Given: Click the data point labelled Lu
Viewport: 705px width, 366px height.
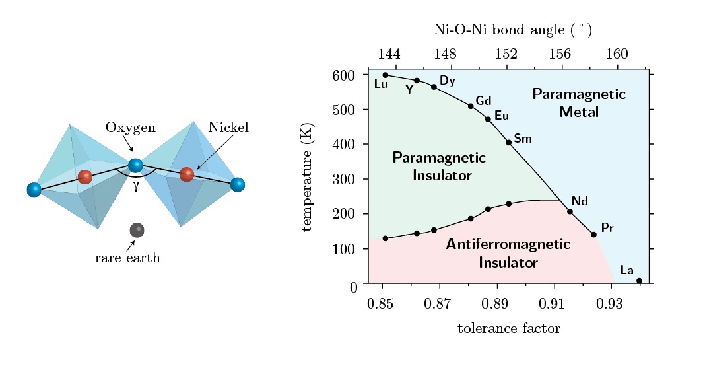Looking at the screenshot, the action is coord(386,75).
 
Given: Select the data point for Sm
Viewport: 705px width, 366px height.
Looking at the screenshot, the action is coord(508,142).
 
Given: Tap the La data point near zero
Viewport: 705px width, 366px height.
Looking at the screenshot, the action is coord(639,281).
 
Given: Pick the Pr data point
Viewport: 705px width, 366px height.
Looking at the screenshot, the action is coord(593,235).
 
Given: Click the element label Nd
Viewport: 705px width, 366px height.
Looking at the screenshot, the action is coord(580,201).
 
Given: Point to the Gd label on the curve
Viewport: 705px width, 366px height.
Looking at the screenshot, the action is coord(483,101).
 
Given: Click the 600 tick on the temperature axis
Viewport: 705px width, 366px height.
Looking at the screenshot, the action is coord(344,75).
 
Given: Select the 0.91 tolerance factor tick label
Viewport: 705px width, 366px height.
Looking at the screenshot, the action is coord(551,303).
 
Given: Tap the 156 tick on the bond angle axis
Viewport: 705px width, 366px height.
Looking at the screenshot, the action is coord(560,54).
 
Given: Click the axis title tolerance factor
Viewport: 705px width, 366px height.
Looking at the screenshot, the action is coord(509,328).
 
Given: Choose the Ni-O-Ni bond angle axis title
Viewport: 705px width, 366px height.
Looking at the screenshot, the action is coord(513,30).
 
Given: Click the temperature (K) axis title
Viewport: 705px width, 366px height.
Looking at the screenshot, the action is coord(307,177).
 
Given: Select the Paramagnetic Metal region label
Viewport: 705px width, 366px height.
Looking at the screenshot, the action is coord(579,102).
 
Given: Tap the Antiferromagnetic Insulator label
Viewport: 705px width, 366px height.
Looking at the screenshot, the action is coord(508,253).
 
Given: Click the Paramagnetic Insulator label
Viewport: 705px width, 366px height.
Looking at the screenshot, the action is coord(439,166).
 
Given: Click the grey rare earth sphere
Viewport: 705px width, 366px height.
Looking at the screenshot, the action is coord(137,230).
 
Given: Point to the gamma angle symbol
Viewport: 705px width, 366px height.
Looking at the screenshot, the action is coord(136,186).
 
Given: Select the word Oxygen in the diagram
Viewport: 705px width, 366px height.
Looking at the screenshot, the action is coord(131,128).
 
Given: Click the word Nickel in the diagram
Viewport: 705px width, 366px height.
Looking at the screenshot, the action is coord(228,128).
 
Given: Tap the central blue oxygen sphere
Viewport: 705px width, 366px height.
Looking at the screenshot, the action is coord(135,165).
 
